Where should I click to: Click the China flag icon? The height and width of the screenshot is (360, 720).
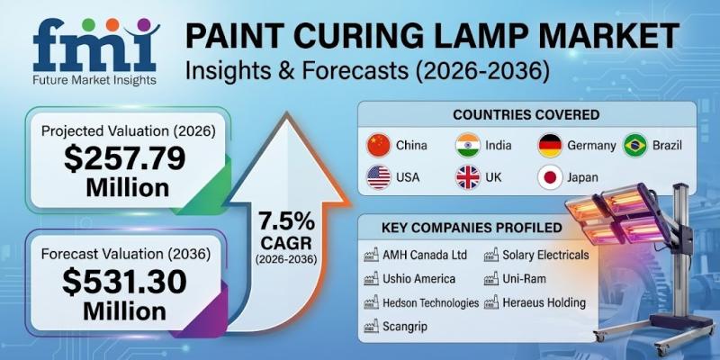coord(379,145)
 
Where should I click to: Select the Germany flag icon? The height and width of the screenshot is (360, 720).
coord(551,145)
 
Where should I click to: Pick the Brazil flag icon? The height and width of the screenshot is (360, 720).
coord(636,145)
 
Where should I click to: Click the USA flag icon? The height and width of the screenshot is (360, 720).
coord(379,177)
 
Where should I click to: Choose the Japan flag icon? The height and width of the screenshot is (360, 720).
coord(551,177)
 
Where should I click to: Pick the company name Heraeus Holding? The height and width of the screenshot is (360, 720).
coord(544,303)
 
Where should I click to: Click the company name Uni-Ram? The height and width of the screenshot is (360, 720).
coord(525,279)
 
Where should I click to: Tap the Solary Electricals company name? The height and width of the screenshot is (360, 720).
coord(545,255)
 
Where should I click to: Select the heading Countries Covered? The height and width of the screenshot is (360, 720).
coord(526,114)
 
